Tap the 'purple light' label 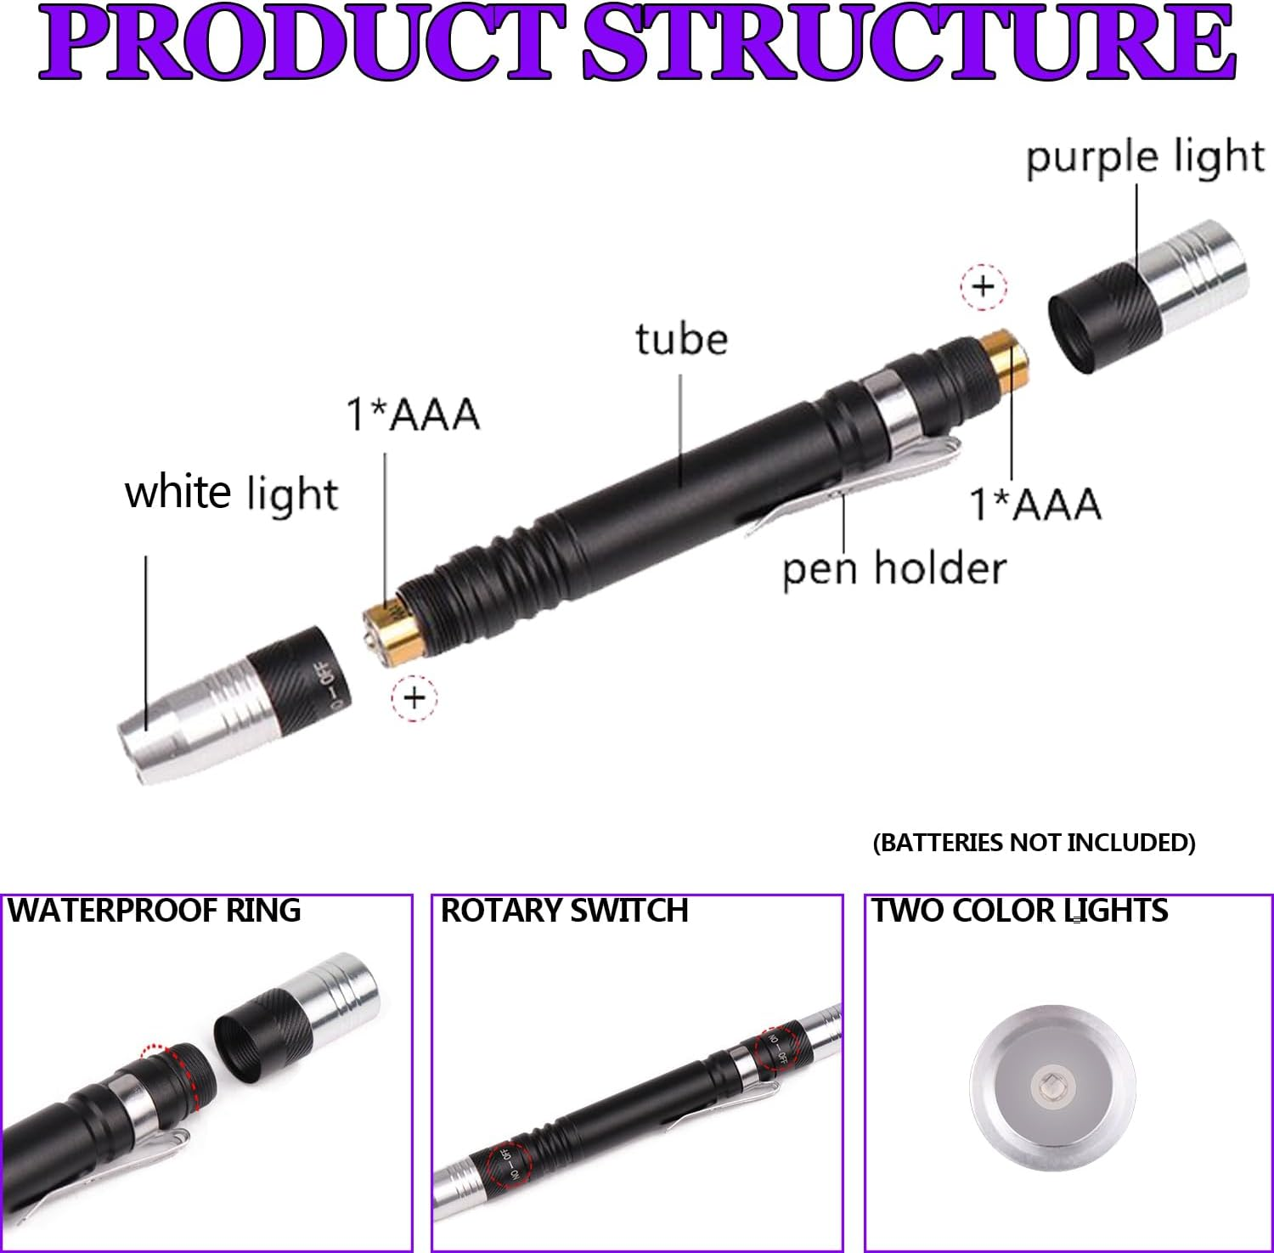pos(1145,159)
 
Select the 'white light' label pos(231,494)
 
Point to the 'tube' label pos(681,340)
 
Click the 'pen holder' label pos(893,569)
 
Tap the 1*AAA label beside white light pos(413,415)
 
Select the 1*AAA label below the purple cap pos(1035,504)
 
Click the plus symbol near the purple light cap pos(983,286)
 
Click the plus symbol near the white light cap pos(414,698)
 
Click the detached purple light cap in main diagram pos(1147,297)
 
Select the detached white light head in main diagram pos(234,705)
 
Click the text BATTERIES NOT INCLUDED pos(1034,843)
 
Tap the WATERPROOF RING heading pos(155,911)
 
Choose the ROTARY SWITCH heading pos(564,911)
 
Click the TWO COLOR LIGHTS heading pos(1020,911)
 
